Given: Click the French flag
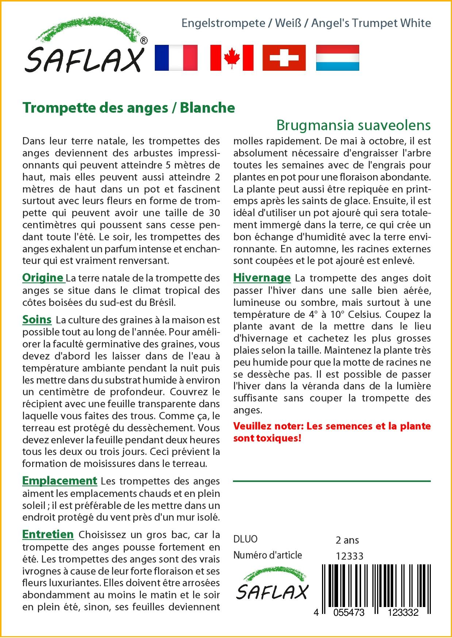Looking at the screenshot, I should click(176, 58).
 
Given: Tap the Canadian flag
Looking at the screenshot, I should click(231, 58).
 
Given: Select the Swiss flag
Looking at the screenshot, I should click(284, 58).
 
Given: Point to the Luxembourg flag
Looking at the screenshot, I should click(337, 58).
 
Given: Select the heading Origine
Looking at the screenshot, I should click(43, 278).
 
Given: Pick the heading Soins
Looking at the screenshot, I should click(37, 319).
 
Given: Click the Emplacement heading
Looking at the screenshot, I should click(60, 481).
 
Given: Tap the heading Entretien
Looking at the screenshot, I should click(48, 534).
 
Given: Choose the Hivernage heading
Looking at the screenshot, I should click(262, 278).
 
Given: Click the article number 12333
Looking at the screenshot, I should click(349, 556).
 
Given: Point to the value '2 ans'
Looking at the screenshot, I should click(347, 540).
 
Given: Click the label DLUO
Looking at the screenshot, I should click(245, 539).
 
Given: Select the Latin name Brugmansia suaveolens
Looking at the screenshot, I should click(353, 125).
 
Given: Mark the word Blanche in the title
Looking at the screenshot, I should click(207, 108).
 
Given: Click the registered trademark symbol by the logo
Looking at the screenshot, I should click(144, 41).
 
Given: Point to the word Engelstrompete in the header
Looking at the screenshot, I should click(223, 23).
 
